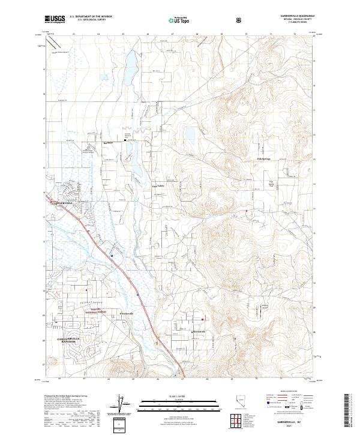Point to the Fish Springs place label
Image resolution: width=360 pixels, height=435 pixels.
click(x=264, y=158)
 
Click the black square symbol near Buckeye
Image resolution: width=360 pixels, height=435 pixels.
click(x=125, y=141)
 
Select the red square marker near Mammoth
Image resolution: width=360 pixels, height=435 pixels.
click(x=202, y=319)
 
